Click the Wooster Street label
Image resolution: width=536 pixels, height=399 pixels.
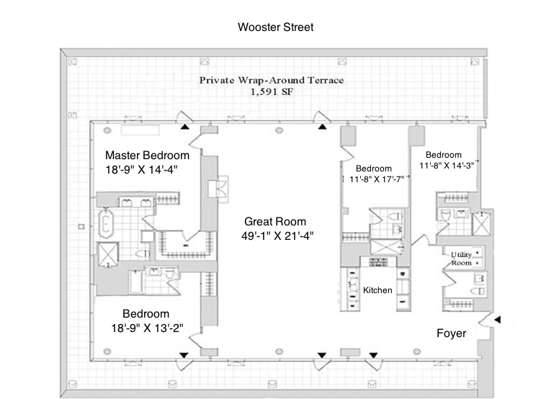point(276,27)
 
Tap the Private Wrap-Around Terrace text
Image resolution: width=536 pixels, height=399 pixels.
point(271,79)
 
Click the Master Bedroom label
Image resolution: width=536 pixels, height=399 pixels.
point(147,155)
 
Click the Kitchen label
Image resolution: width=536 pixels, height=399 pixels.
point(378,290)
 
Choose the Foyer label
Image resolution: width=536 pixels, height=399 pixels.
point(452,334)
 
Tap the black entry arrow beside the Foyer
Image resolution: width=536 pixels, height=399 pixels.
point(496,318)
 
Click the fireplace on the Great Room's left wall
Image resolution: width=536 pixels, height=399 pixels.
point(218,189)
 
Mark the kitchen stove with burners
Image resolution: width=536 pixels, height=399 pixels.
point(379,261)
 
